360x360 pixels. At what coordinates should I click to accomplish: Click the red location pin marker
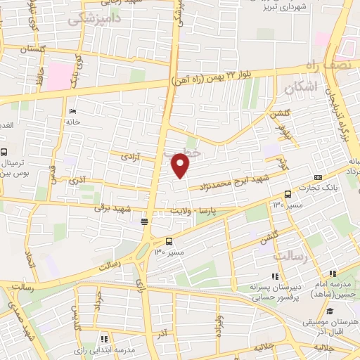pyautogui.click(x=181, y=165)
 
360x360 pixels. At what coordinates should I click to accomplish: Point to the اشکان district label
pyautogui.click(x=303, y=87)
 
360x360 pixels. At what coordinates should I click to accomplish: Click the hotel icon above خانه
pyautogui.click(x=74, y=111)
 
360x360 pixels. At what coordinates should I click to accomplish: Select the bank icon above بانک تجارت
pyautogui.click(x=319, y=176)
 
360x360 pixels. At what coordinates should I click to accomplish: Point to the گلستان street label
pyautogui.click(x=32, y=50)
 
